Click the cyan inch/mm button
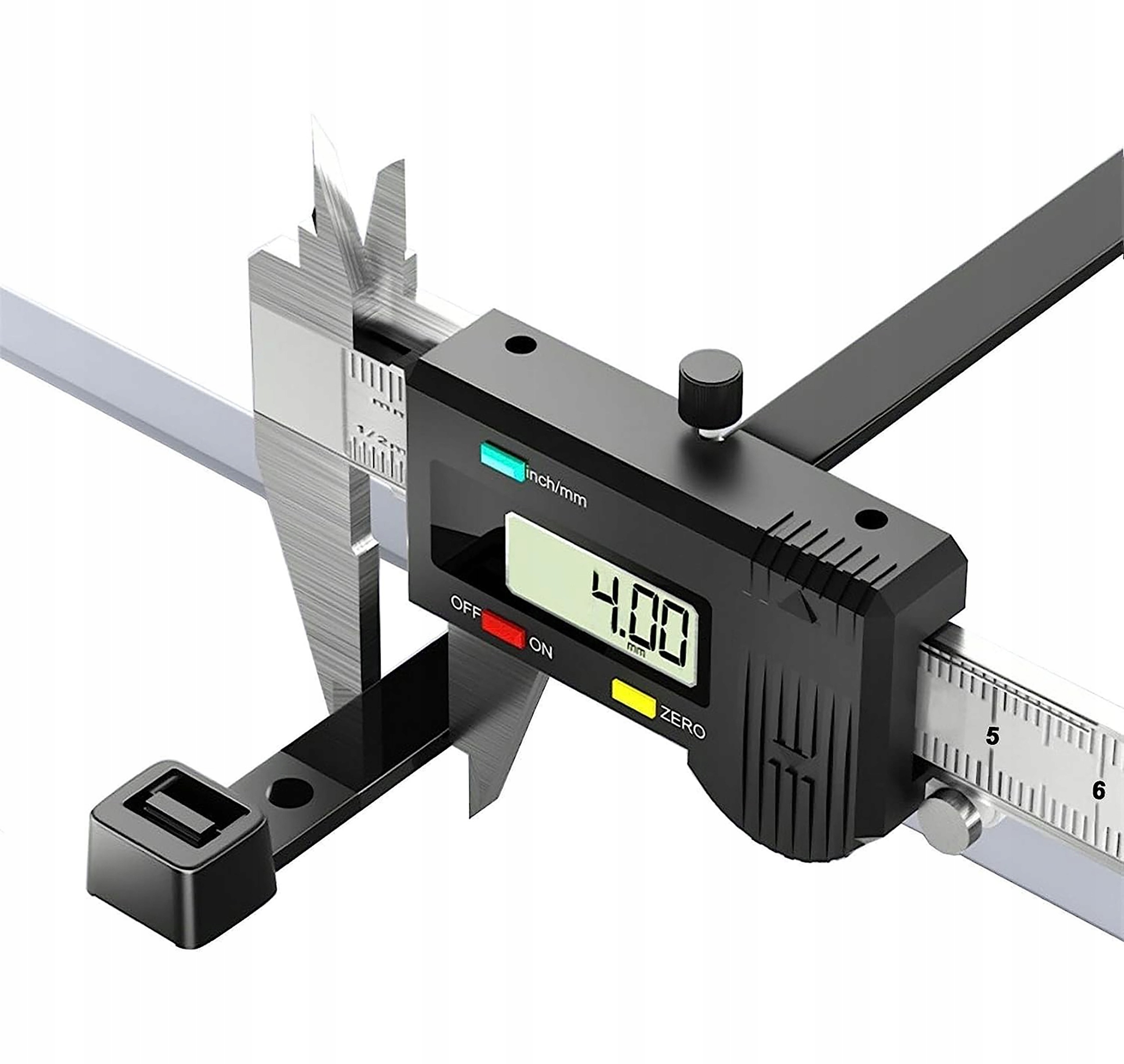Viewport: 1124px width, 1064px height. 502,459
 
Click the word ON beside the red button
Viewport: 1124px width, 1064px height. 540,648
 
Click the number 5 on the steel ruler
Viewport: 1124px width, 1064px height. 992,736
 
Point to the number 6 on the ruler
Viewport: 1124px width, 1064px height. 1099,790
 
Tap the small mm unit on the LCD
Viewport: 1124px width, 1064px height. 636,650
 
